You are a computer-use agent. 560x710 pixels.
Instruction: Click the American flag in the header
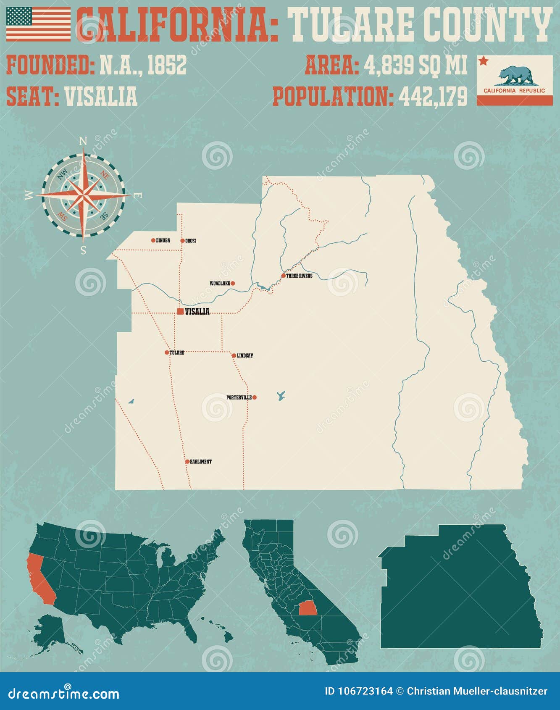tap(38, 24)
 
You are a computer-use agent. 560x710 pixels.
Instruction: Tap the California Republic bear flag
tap(515, 80)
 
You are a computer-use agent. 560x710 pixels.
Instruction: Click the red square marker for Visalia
tap(180, 311)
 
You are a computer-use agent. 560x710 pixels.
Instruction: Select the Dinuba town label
tap(163, 241)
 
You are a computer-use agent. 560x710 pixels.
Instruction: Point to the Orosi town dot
tap(182, 241)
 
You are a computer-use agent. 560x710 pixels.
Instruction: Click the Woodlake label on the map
tap(220, 284)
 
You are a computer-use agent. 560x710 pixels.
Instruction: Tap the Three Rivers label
tap(299, 276)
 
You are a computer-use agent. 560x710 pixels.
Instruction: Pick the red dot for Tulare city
tap(167, 352)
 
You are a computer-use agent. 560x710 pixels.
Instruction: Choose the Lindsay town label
tap(245, 356)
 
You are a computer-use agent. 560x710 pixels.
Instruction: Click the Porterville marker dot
tap(254, 397)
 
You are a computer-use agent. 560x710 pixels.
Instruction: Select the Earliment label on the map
tap(201, 462)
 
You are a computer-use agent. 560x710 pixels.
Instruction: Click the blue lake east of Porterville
tap(281, 396)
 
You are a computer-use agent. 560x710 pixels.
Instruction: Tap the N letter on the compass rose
tap(83, 141)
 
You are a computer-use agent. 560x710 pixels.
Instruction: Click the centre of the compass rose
tap(83, 195)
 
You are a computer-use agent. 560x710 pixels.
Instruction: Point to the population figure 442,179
tap(433, 97)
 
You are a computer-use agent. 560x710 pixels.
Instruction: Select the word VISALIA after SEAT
tap(101, 97)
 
